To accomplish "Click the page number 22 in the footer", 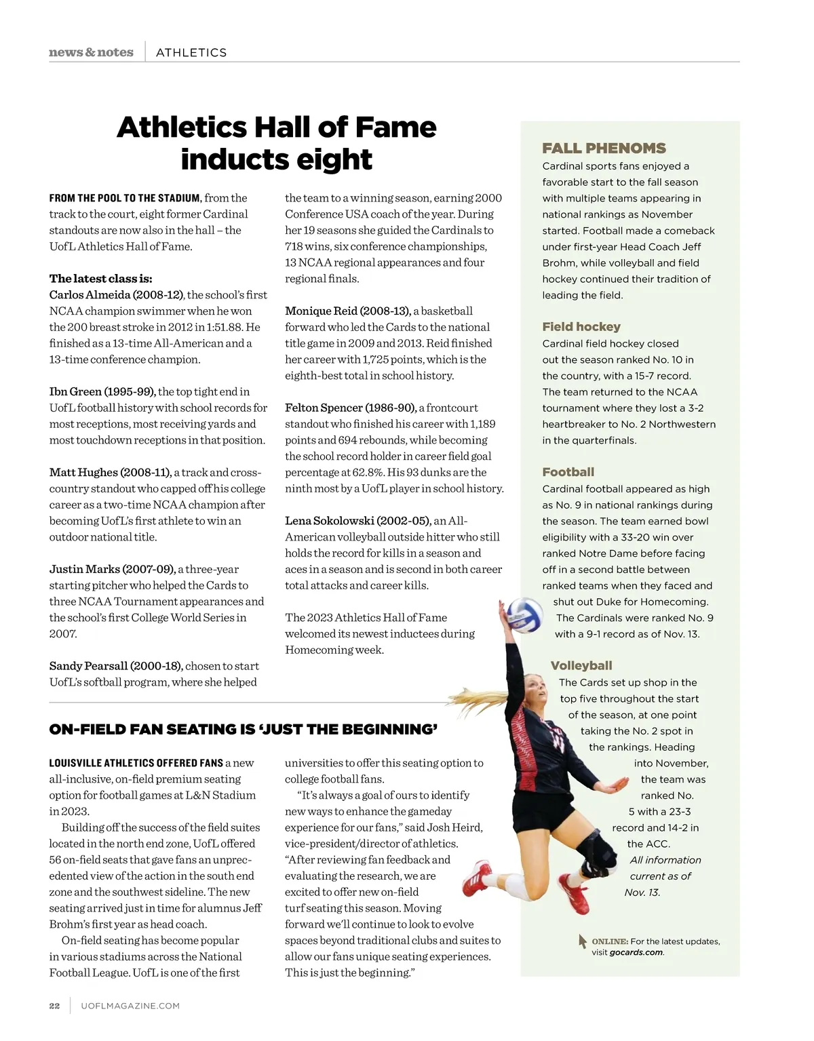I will tap(54, 1006).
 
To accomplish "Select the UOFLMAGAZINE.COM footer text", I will tap(130, 1006).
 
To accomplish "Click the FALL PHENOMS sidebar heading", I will tap(604, 148).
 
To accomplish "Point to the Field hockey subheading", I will tap(581, 326).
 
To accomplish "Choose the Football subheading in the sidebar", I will tap(568, 471).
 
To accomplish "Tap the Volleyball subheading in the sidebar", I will tap(581, 665).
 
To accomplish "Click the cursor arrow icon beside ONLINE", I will tap(582, 941).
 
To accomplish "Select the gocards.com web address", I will tap(636, 952).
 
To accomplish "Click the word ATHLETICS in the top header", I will tap(191, 52).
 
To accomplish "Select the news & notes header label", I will tap(91, 52).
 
